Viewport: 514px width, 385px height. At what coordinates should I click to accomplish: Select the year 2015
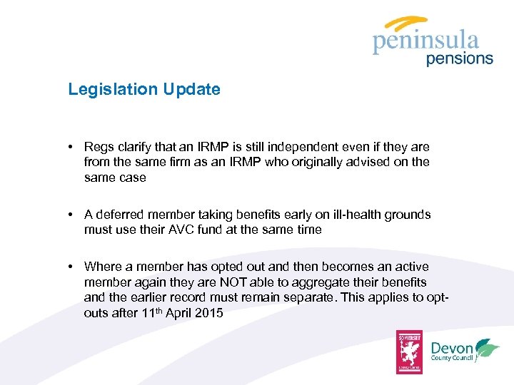coord(210,312)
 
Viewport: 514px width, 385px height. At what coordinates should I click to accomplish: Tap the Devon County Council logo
coord(465,350)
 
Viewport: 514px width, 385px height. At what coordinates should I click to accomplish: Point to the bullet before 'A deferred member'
coord(72,215)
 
